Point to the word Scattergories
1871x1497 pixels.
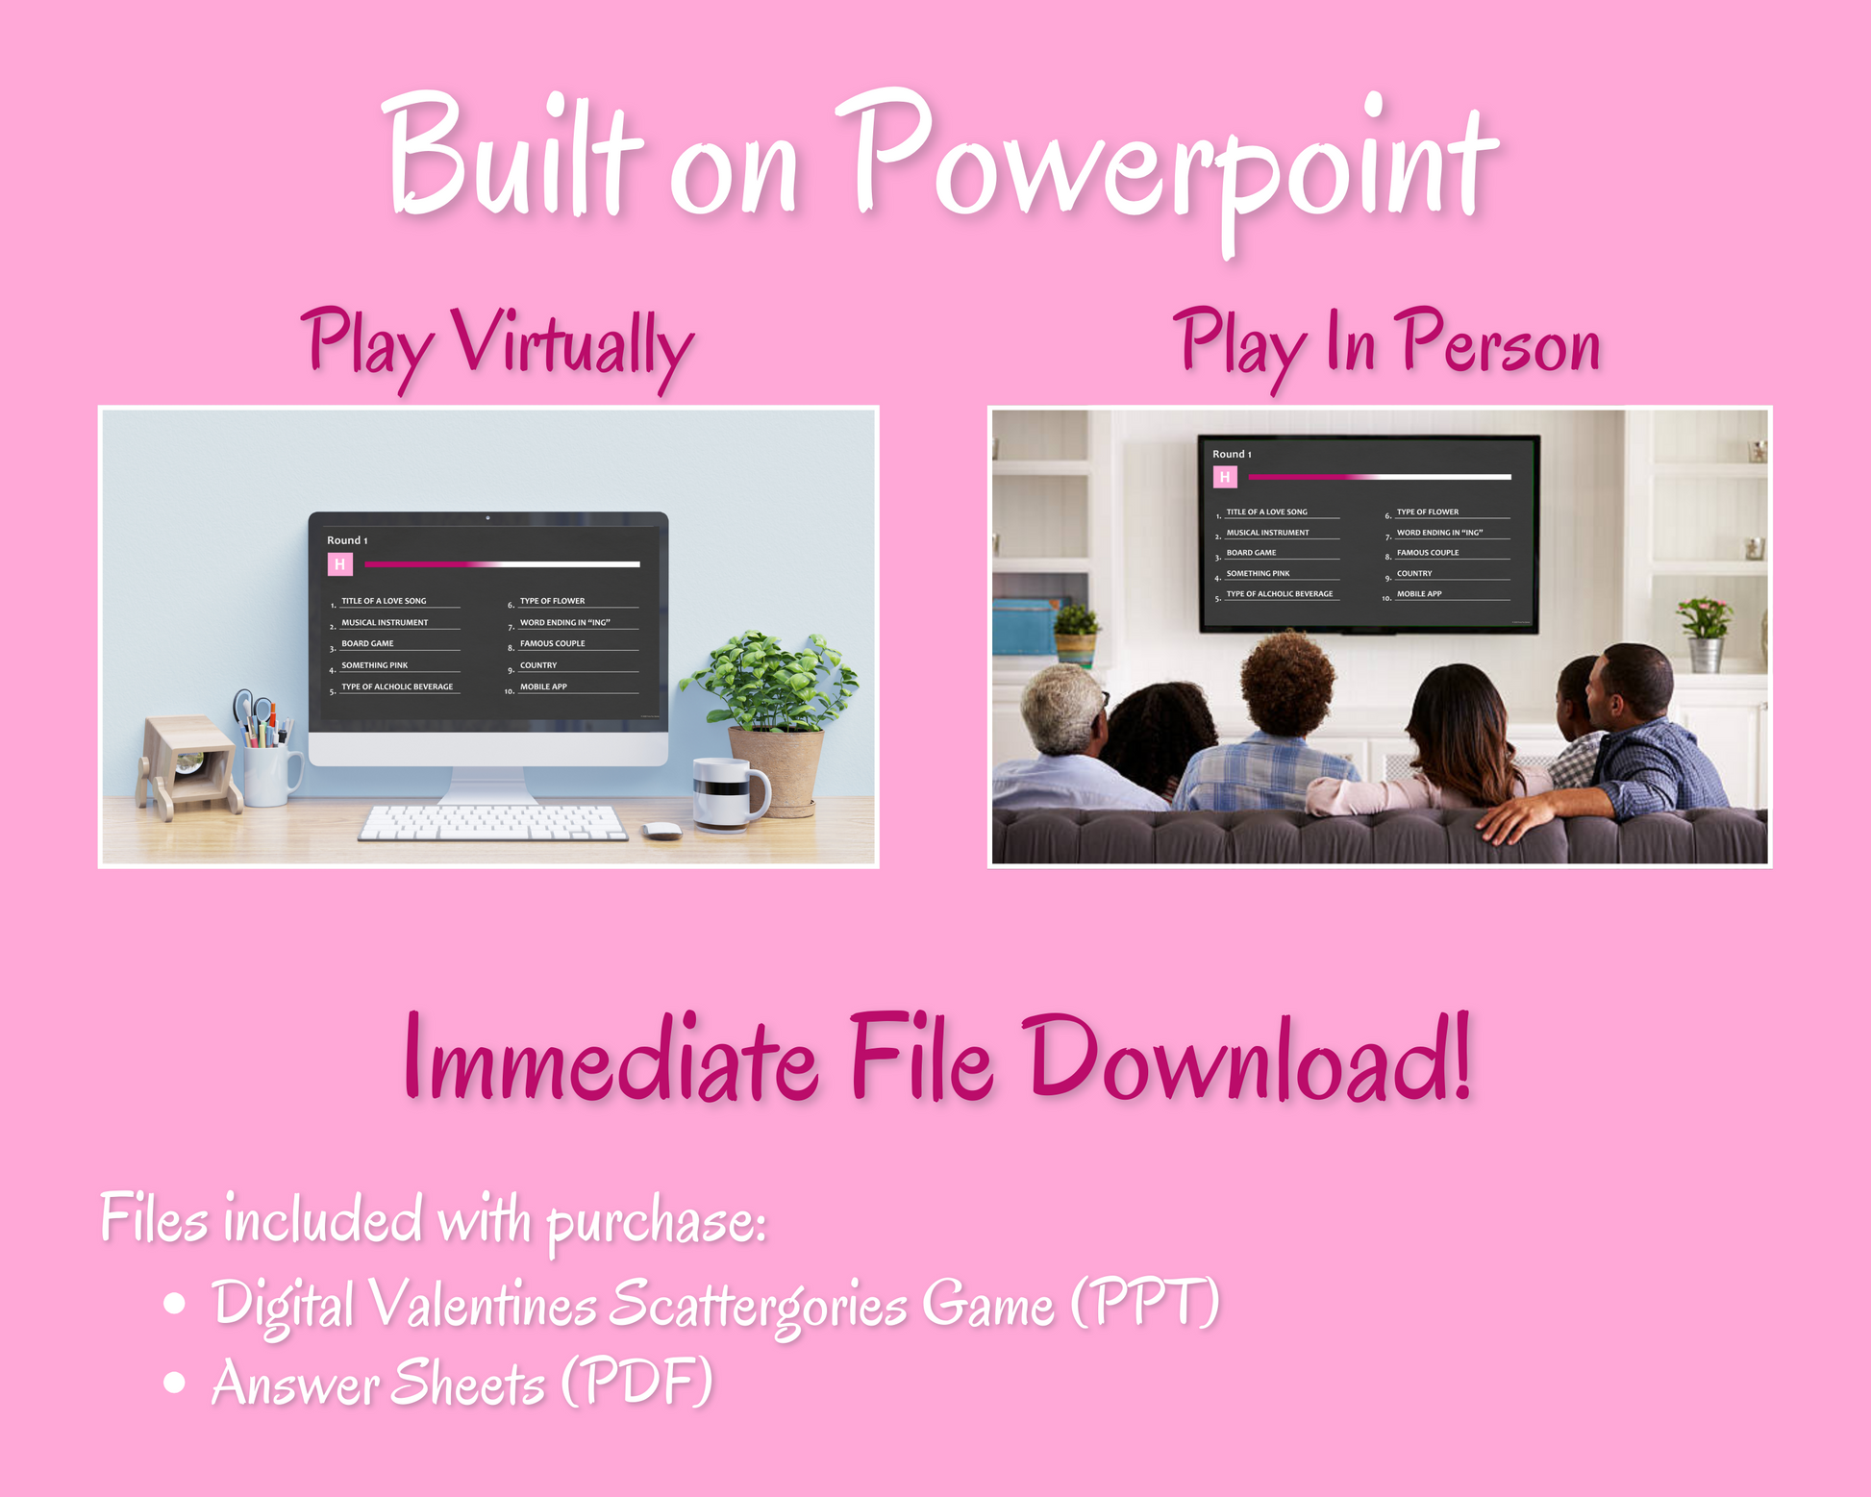coord(758,1305)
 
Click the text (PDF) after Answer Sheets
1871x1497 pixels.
coord(637,1383)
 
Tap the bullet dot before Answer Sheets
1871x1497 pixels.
coord(174,1382)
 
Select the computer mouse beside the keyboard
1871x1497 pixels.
coord(661,831)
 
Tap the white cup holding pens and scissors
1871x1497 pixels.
coord(271,775)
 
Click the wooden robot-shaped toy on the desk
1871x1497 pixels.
coord(188,765)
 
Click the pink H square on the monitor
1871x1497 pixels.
coord(340,564)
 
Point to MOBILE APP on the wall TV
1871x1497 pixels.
coord(1419,594)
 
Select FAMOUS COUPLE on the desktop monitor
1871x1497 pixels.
coord(552,644)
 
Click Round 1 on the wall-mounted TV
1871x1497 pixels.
coord(1232,454)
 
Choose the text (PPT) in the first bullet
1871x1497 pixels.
coord(1145,1303)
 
